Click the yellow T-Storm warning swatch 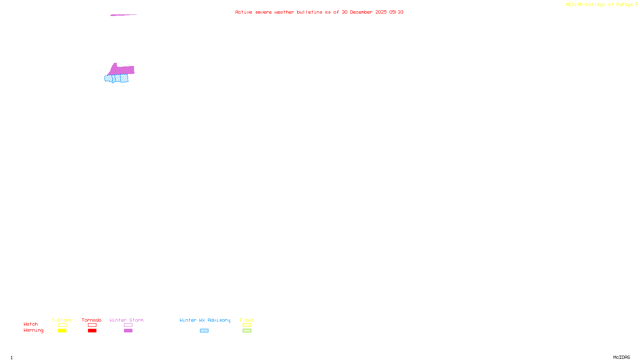62,331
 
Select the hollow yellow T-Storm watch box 62,325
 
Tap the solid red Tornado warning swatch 92,331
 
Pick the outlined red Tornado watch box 92,325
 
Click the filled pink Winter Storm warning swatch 128,331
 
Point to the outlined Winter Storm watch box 128,325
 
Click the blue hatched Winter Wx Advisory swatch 204,331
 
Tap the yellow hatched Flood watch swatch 247,325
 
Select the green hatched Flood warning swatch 247,331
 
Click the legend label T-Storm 62,320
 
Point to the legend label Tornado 92,320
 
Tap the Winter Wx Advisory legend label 205,320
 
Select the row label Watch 31,324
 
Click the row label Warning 33,330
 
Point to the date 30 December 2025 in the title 364,12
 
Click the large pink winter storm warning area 122,70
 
